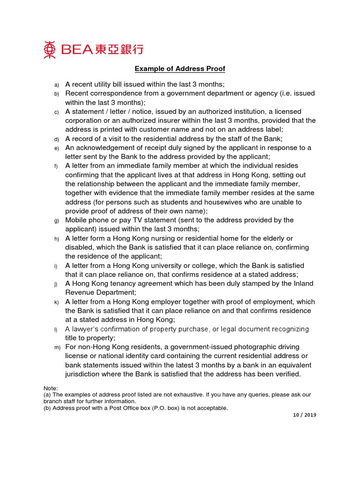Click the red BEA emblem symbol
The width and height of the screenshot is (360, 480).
[x=50, y=50]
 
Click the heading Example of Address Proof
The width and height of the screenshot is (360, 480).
[x=180, y=69]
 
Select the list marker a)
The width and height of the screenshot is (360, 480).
[x=57, y=85]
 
